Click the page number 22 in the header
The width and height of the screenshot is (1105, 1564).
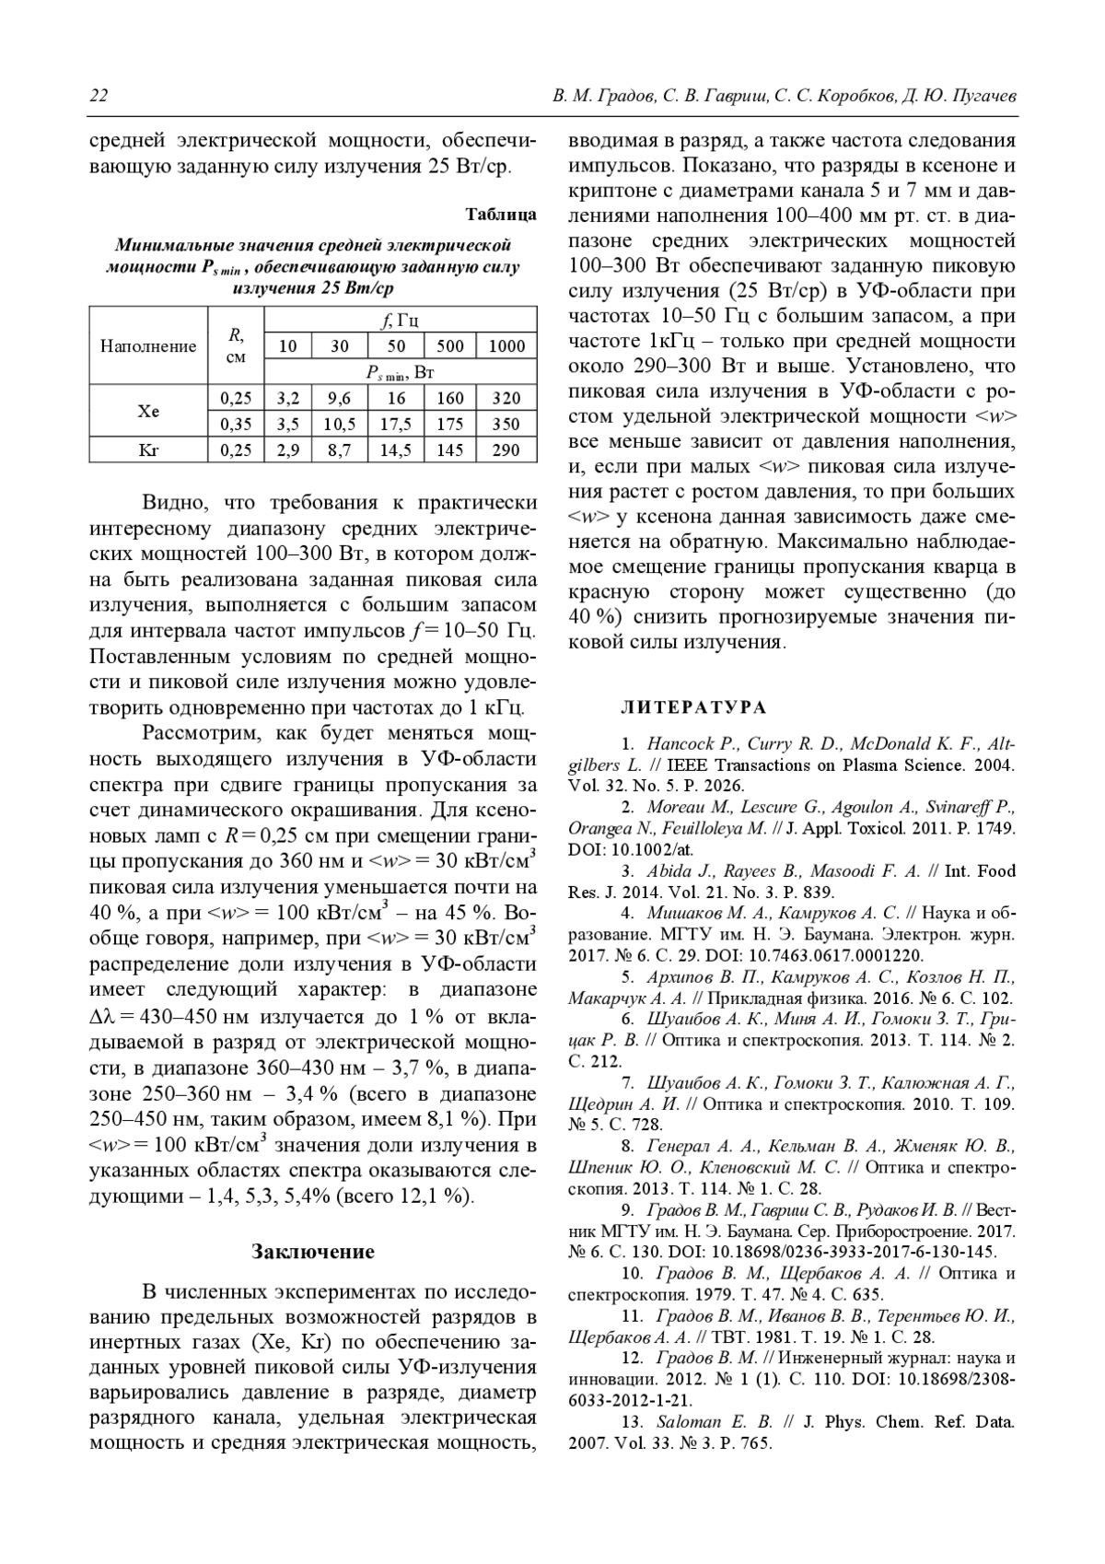[x=99, y=96]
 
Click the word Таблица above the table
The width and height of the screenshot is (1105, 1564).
[x=501, y=215]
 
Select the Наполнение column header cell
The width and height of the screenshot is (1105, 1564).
[x=148, y=346]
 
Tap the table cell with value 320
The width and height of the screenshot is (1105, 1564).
[x=506, y=398]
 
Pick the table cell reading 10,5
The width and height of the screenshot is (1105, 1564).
[x=340, y=424]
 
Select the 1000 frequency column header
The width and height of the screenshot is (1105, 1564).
[x=506, y=346]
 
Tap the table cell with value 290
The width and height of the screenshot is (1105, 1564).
[x=506, y=450]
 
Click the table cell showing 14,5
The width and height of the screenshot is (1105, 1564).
[x=396, y=450]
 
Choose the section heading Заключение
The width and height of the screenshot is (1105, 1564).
[x=313, y=1251]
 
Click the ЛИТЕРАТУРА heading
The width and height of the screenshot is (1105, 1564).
[x=693, y=707]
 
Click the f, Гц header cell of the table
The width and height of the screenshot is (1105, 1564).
[x=400, y=321]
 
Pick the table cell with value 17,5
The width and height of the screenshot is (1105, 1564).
[x=396, y=424]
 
